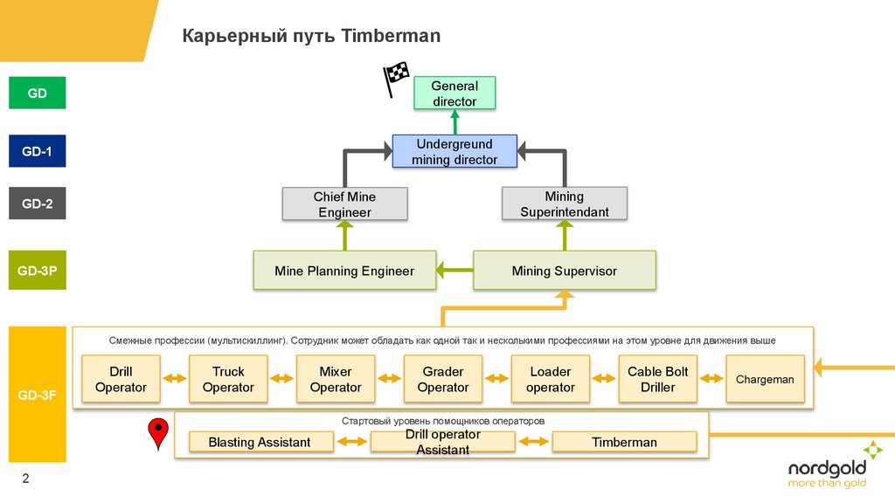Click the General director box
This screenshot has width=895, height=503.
coord(454,93)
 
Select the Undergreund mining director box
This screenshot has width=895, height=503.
coord(454,152)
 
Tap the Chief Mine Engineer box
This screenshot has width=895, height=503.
coord(344,205)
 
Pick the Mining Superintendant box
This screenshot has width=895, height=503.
coord(564,204)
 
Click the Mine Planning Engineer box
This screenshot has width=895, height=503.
coord(344,271)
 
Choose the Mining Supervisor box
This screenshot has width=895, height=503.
coord(564,271)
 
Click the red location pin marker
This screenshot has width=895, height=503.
coord(157,432)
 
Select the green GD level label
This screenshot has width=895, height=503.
coord(37,93)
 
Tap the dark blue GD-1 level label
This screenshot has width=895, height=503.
coord(37,151)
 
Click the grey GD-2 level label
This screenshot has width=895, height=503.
coord(37,204)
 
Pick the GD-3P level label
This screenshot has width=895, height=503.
coord(37,271)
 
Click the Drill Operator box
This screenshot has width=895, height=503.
coord(121,379)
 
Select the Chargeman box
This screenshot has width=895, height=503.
coord(765,379)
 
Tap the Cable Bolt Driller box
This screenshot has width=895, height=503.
coord(657,379)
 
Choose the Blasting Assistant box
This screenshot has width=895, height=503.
coord(260,443)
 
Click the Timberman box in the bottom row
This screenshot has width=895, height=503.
coord(624,443)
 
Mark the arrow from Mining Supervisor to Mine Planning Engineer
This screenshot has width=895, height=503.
coord(455,271)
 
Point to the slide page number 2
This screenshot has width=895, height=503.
coord(25,478)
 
